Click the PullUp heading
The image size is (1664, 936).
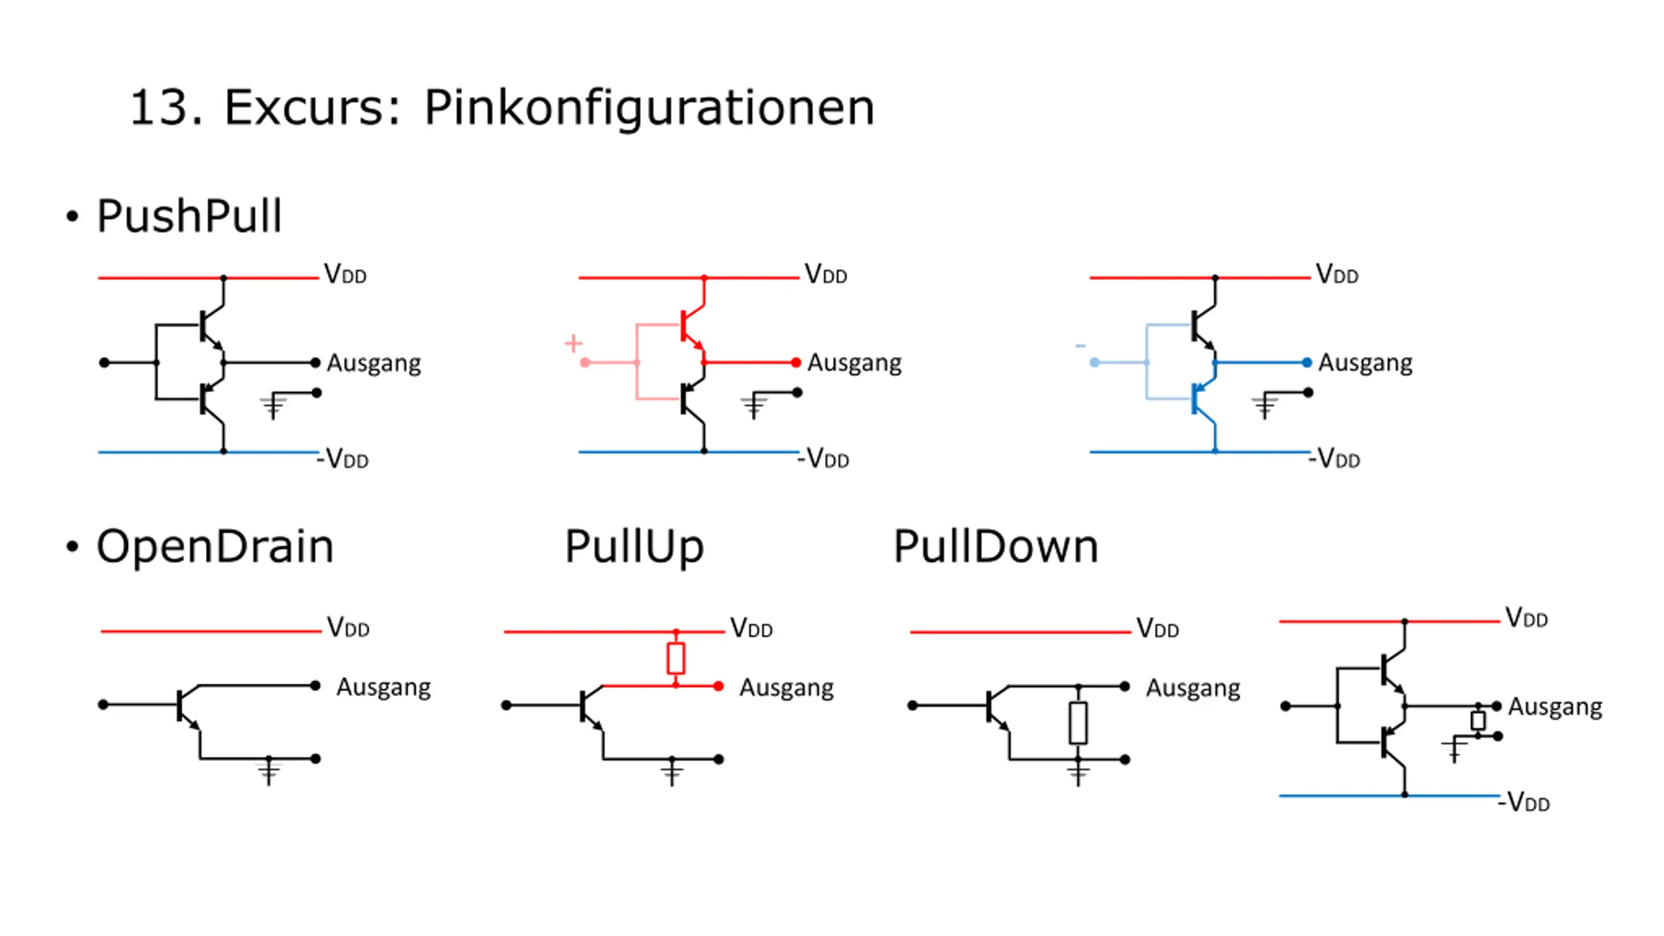634,547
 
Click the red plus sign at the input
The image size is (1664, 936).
573,343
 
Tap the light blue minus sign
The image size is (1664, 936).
1080,346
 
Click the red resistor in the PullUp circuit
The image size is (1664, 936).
676,658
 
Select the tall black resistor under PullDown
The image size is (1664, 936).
1078,723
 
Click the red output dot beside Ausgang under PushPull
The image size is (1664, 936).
796,362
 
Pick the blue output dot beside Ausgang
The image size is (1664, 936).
1306,362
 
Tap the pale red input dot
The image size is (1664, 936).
585,362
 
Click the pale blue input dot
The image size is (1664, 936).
1095,362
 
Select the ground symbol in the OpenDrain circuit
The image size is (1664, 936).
269,772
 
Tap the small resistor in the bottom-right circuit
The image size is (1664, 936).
1478,720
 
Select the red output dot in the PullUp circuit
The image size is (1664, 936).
718,686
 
